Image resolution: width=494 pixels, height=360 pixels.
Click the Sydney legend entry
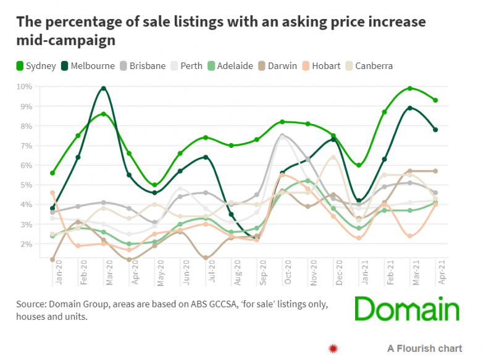click(x=36, y=66)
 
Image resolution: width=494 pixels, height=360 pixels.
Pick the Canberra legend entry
click(x=368, y=66)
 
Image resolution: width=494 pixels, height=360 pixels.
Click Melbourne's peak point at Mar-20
click(x=104, y=89)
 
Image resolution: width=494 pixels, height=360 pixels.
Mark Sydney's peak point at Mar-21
click(x=410, y=89)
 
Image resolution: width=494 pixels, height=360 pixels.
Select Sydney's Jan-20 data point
click(x=52, y=173)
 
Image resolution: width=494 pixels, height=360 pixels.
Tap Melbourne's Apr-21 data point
click(x=435, y=129)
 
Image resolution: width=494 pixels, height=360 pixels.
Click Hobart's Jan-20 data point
click(x=52, y=193)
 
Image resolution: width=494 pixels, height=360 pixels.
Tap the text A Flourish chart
click(x=424, y=349)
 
